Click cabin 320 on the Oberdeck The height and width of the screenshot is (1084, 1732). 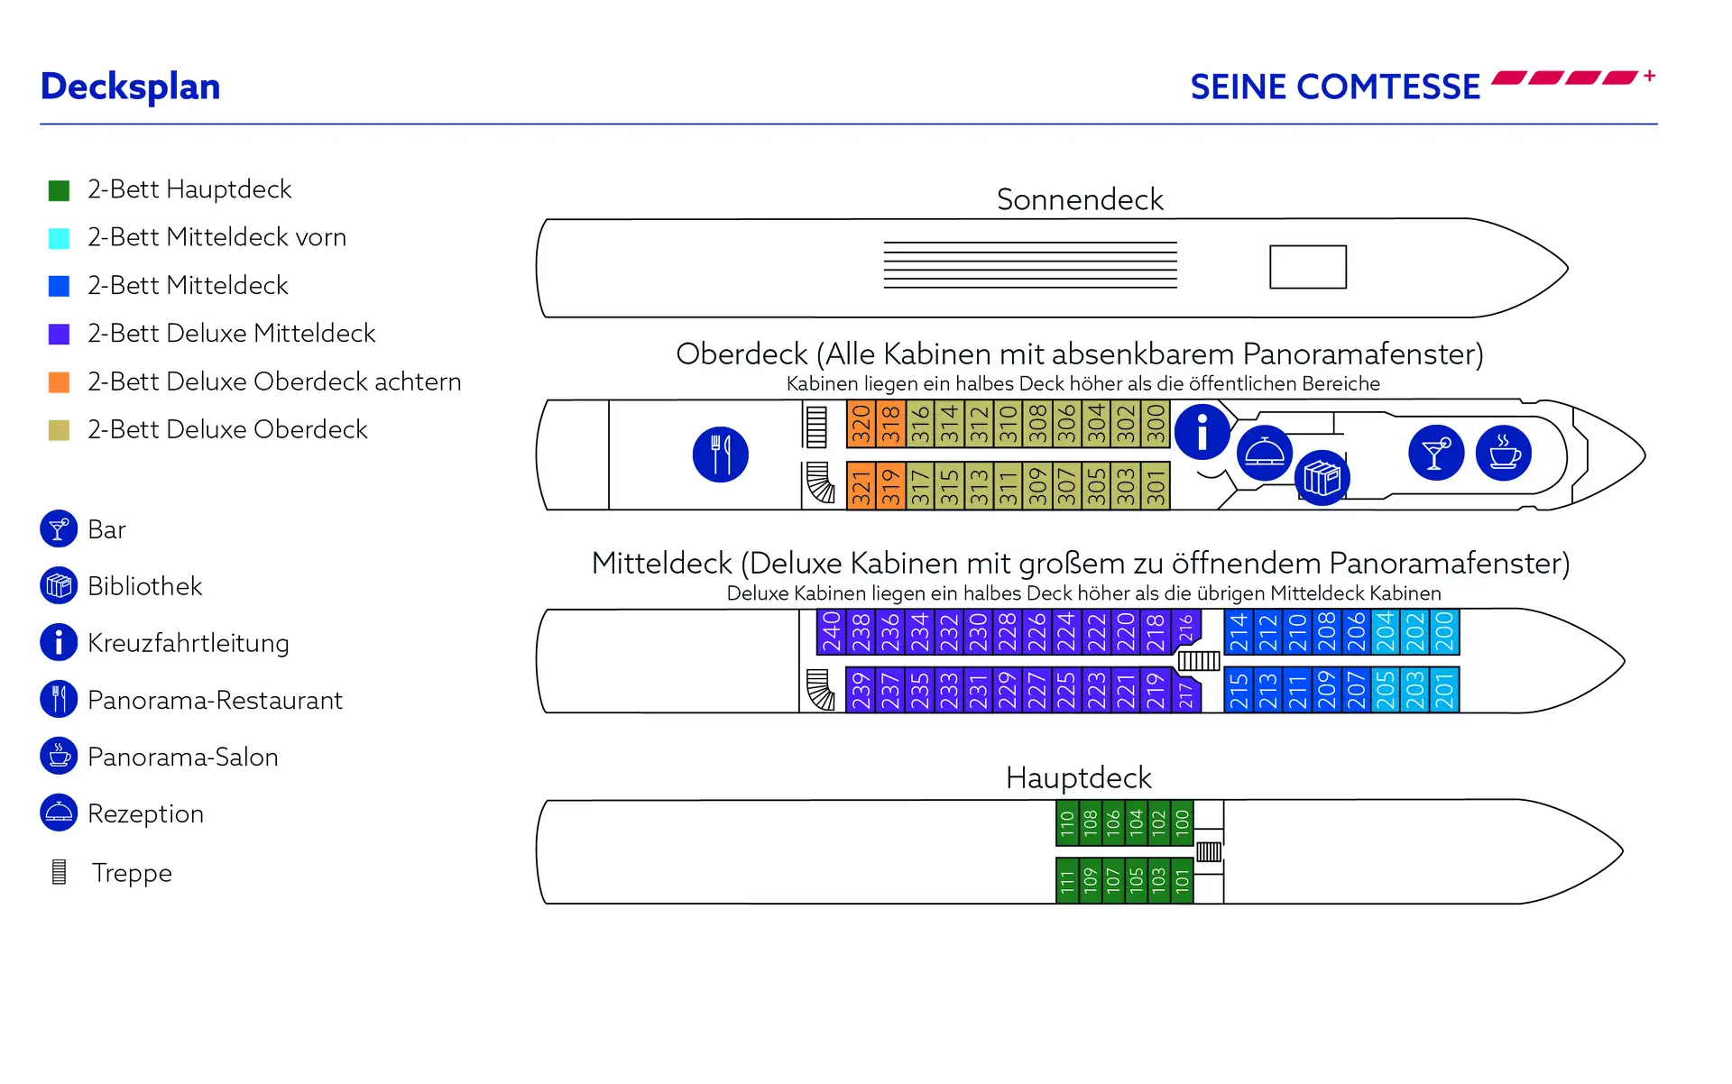(x=861, y=424)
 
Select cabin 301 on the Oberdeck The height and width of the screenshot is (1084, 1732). (x=1156, y=486)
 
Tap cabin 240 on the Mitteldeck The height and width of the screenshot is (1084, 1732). (x=831, y=631)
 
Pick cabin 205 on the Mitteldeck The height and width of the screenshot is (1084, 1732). (x=1385, y=690)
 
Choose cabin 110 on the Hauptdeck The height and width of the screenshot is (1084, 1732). (x=1067, y=822)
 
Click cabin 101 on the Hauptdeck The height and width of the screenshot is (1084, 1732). (x=1182, y=880)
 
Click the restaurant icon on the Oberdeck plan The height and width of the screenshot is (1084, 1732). (x=720, y=455)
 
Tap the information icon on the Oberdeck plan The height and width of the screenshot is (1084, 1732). (x=1202, y=432)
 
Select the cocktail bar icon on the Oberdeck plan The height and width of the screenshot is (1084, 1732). (x=1435, y=453)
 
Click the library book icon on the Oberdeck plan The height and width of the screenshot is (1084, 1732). (x=1322, y=478)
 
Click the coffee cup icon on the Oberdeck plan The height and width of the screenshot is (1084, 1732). (x=1503, y=453)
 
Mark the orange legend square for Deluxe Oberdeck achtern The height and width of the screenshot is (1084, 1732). (x=59, y=381)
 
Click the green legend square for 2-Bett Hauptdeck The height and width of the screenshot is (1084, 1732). (x=59, y=190)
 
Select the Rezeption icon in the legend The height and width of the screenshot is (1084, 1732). (x=59, y=813)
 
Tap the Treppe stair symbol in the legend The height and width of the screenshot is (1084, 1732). (x=60, y=872)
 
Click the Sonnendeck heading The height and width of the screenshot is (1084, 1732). (x=1080, y=199)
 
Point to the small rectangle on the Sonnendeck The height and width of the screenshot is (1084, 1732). (x=1307, y=267)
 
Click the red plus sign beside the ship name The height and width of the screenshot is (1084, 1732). (x=1649, y=76)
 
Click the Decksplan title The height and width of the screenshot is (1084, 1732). (x=131, y=87)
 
